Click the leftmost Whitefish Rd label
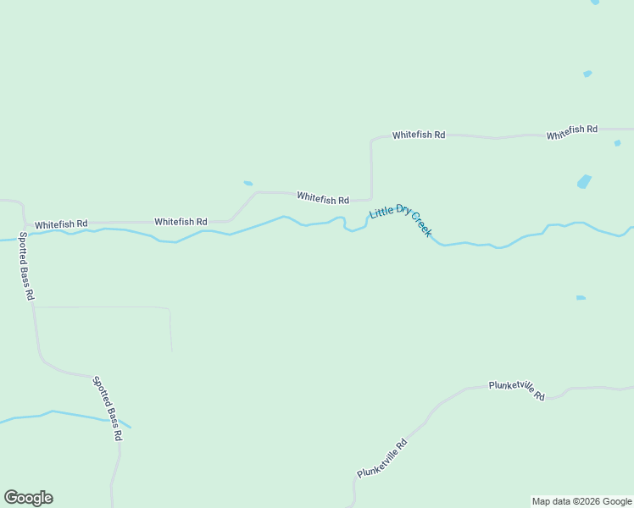coord(61,224)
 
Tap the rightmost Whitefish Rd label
coord(572,132)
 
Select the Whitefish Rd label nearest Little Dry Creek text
coord(323,198)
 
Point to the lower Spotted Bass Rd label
coord(108,408)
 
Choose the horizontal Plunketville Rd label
coord(516,389)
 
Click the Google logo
coord(28,498)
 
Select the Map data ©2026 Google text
coord(581,501)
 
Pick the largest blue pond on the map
coord(584,181)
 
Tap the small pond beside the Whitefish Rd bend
coord(248,183)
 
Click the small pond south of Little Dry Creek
coord(581,298)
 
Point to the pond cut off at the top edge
coord(595,3)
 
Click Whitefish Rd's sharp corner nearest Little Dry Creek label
coord(370,199)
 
